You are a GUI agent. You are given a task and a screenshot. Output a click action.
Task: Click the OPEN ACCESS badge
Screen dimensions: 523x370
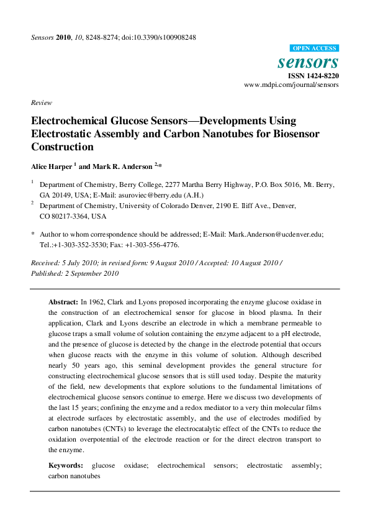point(314,48)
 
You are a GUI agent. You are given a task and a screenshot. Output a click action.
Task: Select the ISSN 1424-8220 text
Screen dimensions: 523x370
point(312,76)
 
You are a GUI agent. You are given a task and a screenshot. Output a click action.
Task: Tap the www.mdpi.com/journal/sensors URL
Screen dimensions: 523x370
point(291,85)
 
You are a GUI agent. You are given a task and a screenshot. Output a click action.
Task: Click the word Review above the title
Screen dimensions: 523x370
point(41,102)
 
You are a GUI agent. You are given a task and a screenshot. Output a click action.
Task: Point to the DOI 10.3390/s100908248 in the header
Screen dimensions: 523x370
point(168,37)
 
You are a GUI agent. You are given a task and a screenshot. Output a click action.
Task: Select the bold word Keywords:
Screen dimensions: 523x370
point(65,465)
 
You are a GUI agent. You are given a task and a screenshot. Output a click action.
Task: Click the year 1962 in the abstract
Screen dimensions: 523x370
point(96,301)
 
